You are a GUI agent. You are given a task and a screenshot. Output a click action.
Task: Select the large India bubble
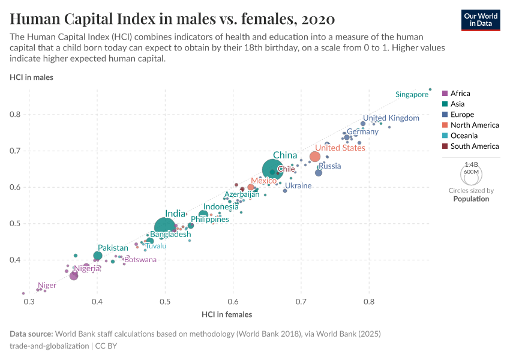click(166, 227)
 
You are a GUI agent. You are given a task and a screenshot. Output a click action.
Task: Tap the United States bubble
click(315, 157)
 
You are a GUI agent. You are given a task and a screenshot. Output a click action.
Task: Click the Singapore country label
click(412, 94)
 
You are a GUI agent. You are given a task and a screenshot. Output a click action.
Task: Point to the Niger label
click(47, 286)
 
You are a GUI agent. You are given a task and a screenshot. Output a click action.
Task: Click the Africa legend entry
click(460, 93)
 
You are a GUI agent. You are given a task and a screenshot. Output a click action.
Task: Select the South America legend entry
click(474, 146)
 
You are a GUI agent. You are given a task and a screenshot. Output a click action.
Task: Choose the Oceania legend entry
click(465, 136)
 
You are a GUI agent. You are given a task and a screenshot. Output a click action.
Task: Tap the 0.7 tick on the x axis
click(301, 301)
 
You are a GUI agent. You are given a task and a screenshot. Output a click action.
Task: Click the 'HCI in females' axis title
click(226, 314)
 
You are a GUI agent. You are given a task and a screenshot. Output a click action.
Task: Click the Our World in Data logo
click(481, 19)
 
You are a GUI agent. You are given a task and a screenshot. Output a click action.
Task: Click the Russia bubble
click(319, 173)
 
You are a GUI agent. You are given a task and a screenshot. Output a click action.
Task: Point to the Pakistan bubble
click(98, 256)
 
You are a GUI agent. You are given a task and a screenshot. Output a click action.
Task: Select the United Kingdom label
click(391, 118)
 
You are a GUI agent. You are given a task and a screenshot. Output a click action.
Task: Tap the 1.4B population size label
click(472, 164)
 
